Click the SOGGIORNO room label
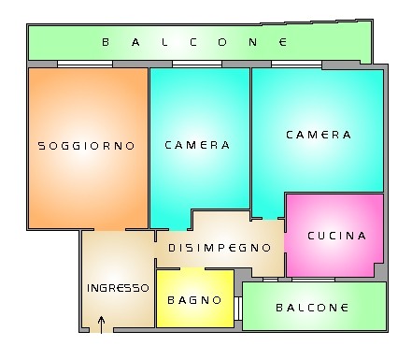click(x=86, y=146)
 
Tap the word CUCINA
click(x=337, y=236)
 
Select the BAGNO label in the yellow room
click(x=194, y=300)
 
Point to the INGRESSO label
click(x=118, y=288)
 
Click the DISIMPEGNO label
click(x=220, y=248)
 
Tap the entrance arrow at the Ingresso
click(x=101, y=324)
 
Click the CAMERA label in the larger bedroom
click(x=319, y=135)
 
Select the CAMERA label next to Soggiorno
click(x=197, y=145)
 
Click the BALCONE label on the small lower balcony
click(x=312, y=308)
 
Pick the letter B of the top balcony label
click(x=106, y=42)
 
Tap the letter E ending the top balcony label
click(x=283, y=42)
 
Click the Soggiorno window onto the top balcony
click(x=85, y=64)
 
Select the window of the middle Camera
click(x=197, y=64)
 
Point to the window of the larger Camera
click(x=296, y=64)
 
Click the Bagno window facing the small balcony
click(x=238, y=309)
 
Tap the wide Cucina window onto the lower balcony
click(x=313, y=280)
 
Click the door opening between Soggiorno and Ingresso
click(x=109, y=230)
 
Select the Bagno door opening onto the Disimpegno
click(x=192, y=268)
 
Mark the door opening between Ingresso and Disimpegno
click(x=155, y=251)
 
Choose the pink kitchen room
click(x=334, y=236)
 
